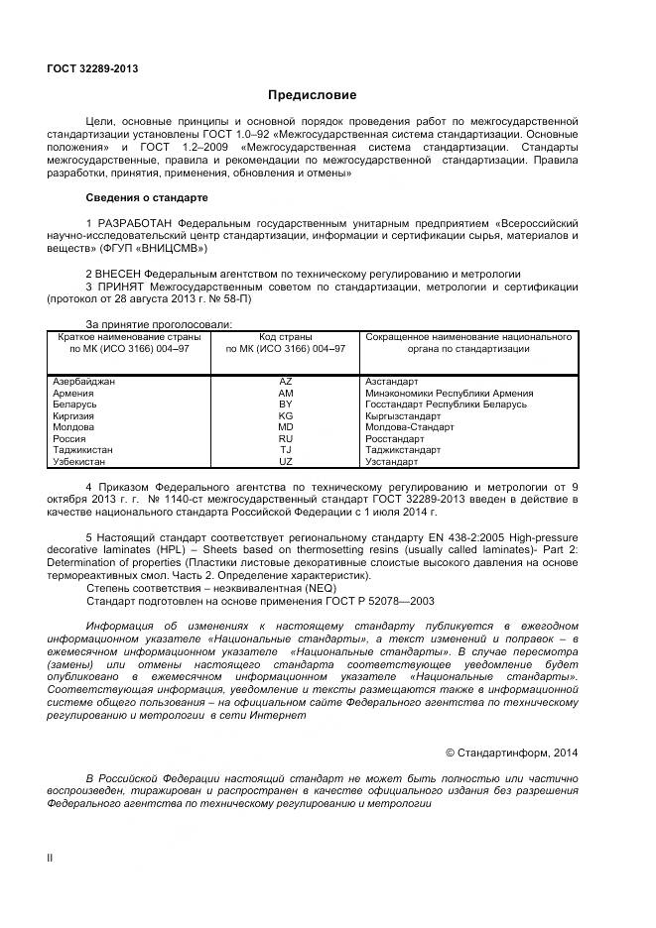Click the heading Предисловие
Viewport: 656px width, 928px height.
(x=312, y=95)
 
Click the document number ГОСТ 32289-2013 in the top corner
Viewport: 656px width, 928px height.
(x=92, y=68)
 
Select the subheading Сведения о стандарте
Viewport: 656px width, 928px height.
(x=147, y=197)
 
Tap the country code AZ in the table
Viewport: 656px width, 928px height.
(x=286, y=382)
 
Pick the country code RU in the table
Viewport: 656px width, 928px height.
(x=286, y=438)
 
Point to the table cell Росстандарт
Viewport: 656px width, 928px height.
(x=395, y=438)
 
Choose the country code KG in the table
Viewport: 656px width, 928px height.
(x=286, y=416)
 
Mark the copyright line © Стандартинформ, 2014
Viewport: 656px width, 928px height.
(x=511, y=753)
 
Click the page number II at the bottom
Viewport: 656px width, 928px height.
(x=50, y=857)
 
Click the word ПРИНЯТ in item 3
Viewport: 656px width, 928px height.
(x=120, y=287)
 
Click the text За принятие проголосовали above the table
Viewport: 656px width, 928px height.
(x=159, y=324)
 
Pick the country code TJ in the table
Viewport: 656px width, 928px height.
(x=286, y=450)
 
